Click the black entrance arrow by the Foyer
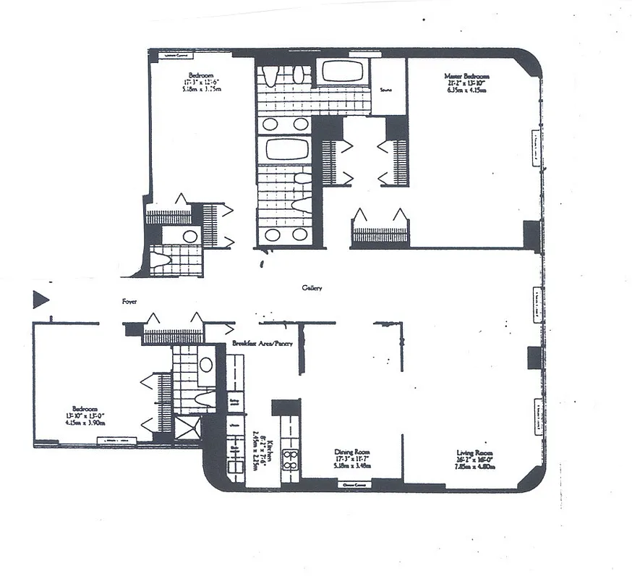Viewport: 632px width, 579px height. [40, 298]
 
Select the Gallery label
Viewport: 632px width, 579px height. [312, 289]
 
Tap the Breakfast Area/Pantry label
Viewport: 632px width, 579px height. [262, 344]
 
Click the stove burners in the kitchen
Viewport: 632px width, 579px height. [291, 459]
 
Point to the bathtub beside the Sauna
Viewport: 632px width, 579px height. [343, 72]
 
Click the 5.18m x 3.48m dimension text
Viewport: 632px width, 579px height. [352, 467]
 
